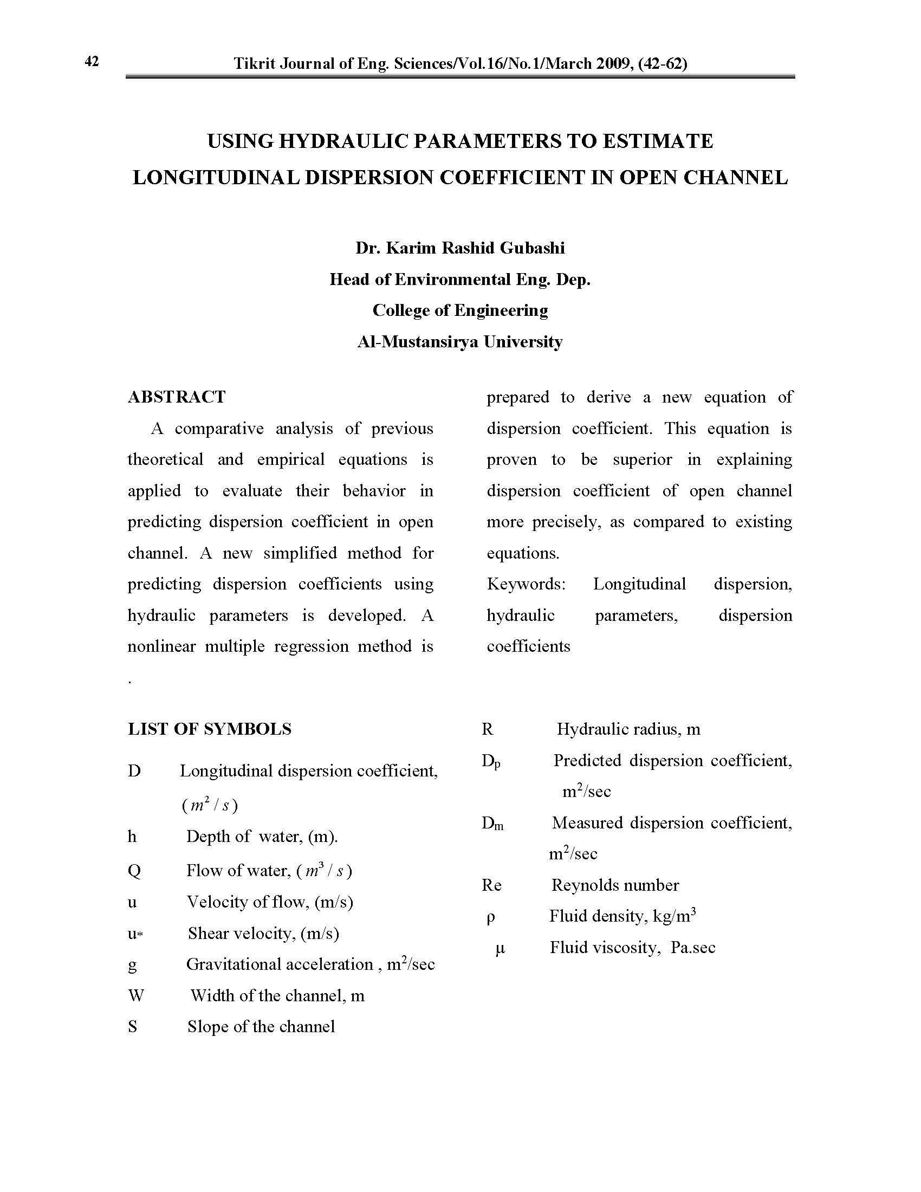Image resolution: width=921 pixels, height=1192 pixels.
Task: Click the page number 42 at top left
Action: point(92,61)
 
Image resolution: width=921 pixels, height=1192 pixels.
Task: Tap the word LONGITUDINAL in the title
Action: point(216,177)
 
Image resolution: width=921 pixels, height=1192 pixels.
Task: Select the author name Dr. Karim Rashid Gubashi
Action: point(460,248)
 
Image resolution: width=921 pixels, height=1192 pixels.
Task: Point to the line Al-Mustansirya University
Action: point(460,342)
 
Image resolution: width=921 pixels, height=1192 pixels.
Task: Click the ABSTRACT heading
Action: point(176,397)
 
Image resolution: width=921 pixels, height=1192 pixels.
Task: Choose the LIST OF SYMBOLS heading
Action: point(210,729)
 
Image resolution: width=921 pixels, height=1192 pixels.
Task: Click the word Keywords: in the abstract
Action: point(526,584)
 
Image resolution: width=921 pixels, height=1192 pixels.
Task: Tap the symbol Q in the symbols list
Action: point(134,871)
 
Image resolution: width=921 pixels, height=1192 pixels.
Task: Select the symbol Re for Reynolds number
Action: point(491,885)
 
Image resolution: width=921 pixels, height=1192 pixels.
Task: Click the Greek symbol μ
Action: point(500,949)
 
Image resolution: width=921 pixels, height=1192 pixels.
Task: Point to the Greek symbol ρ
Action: point(490,917)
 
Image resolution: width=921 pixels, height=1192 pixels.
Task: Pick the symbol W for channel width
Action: point(136,996)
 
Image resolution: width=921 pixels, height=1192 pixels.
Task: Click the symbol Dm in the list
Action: point(492,824)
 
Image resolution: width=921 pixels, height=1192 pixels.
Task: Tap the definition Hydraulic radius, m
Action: point(628,729)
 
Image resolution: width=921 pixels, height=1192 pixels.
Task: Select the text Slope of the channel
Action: point(261,1027)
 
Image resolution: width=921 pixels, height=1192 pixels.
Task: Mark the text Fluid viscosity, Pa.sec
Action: point(632,948)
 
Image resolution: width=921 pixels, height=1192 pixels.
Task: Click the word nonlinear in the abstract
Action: point(161,646)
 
